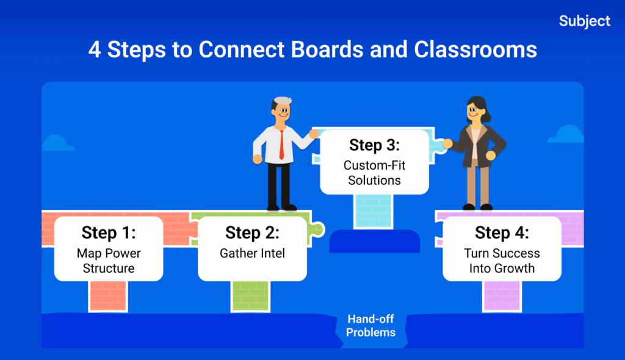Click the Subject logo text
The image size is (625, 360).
(584, 21)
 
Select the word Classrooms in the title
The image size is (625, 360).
(475, 49)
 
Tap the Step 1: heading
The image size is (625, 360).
(109, 232)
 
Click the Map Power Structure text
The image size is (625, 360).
(109, 261)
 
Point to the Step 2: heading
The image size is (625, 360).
(252, 232)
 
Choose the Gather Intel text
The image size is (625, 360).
(252, 253)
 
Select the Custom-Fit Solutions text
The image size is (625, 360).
(375, 173)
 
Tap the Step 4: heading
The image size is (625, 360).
(502, 232)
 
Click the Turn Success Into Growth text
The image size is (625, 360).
(502, 261)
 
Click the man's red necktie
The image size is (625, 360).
(281, 144)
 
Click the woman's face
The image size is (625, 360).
(475, 112)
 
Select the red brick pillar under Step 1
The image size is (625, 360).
(108, 296)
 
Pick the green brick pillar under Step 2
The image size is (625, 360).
(250, 296)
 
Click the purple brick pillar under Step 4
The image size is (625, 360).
(502, 296)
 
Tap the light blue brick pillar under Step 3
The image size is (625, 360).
(374, 211)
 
